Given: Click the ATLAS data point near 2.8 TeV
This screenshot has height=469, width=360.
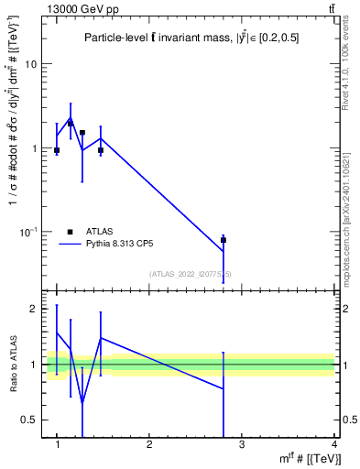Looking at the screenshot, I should pyautogui.click(x=224, y=240).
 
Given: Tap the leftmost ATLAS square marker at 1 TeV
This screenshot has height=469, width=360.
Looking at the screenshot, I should pyautogui.click(x=57, y=150).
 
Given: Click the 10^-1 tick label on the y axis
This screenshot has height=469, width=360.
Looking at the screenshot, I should pyautogui.click(x=28, y=232).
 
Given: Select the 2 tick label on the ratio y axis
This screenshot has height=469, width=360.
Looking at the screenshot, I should pyautogui.click(x=33, y=310).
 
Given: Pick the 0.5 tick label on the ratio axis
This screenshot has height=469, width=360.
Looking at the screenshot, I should pyautogui.click(x=28, y=420).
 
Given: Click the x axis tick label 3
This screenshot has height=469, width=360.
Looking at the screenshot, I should pyautogui.click(x=242, y=444).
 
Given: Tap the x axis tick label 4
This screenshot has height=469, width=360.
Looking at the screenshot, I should pyautogui.click(x=334, y=444).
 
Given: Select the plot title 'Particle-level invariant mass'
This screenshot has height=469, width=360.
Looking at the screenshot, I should pyautogui.click(x=191, y=38).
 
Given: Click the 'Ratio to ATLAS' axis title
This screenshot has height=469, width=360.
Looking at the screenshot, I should pyautogui.click(x=13, y=365).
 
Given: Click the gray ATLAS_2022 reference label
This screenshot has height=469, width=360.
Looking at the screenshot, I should pyautogui.click(x=191, y=274).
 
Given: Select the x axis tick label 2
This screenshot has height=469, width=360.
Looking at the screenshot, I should pyautogui.click(x=149, y=444).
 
